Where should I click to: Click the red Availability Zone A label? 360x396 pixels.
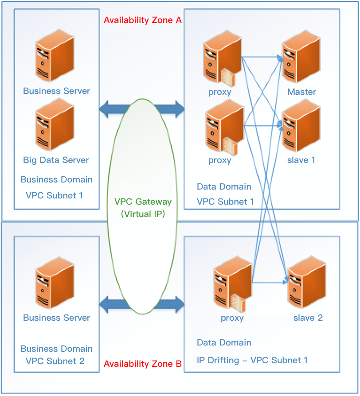143,20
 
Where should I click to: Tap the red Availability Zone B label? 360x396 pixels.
143,364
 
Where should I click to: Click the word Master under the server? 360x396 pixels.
301,92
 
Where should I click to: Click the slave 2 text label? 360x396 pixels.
308,318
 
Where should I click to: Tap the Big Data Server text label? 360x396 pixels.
56,160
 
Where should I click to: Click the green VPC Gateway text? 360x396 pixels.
143,202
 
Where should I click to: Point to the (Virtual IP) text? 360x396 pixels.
143,214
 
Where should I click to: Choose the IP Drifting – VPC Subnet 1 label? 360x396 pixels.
252,360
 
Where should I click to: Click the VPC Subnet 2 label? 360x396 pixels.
55,361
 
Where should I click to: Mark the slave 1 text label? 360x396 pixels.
301,160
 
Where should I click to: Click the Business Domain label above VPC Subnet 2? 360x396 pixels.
56,349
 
